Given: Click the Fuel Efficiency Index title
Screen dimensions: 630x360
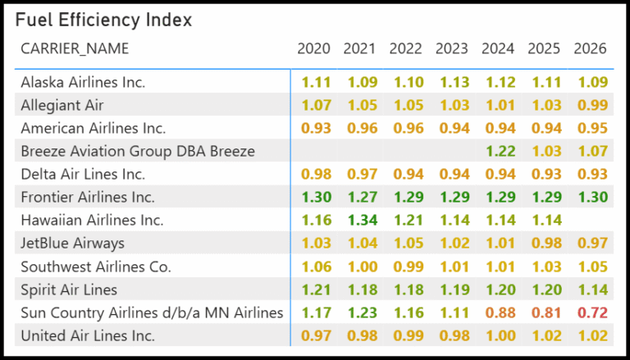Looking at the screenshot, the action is tap(103, 20).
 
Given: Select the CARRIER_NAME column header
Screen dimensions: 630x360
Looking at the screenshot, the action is tap(75, 48).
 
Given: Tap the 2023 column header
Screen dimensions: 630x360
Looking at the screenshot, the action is tap(452, 48).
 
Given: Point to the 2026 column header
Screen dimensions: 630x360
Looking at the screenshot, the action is tap(590, 48).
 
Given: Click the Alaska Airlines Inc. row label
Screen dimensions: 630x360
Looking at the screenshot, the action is tap(83, 82).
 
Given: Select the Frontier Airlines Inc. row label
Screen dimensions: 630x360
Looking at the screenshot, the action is tap(88, 198).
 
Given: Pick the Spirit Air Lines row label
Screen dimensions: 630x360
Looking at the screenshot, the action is tap(69, 289).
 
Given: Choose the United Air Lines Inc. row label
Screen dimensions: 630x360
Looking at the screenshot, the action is tap(88, 336).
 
